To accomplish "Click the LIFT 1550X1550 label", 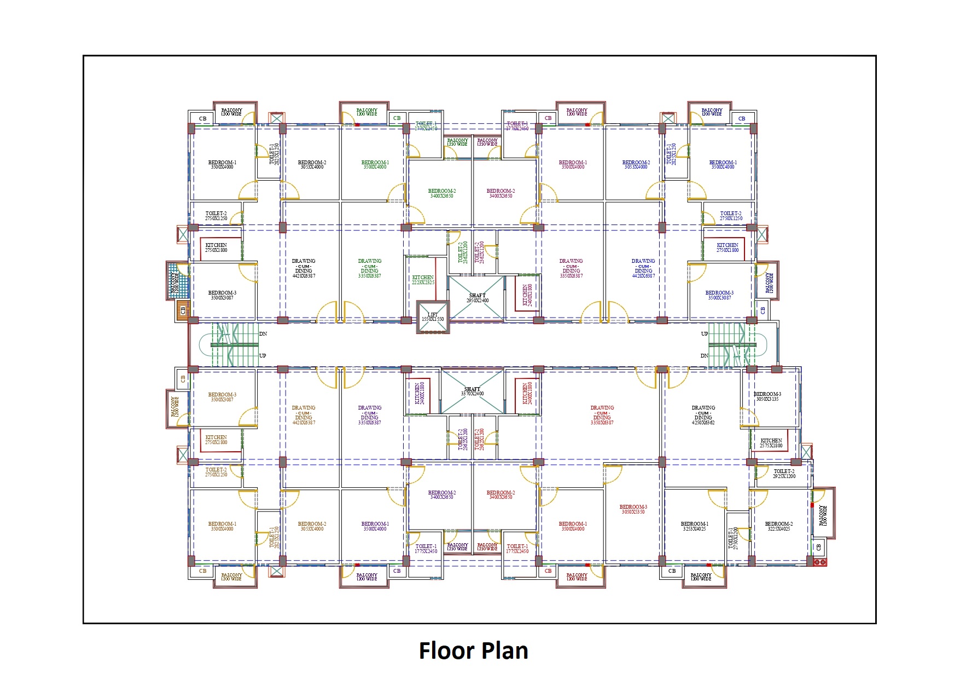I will tap(433, 317).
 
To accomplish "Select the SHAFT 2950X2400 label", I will tap(478, 298).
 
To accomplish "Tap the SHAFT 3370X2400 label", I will tap(472, 392).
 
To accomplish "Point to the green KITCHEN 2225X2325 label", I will tap(423, 280).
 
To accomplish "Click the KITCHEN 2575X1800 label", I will tap(771, 443).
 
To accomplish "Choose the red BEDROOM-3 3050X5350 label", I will tap(633, 509).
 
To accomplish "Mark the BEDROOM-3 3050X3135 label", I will tap(767, 396).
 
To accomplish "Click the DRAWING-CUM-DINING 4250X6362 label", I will tap(703, 415).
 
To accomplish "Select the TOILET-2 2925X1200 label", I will tap(784, 474).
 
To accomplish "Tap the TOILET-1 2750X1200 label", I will tap(733, 538).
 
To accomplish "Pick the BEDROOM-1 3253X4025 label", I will tap(694, 526).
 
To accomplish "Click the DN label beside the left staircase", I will tap(263, 333).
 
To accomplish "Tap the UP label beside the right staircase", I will tap(705, 333).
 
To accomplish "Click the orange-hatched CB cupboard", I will tap(183, 310).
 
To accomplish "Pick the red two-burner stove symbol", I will tap(819, 562).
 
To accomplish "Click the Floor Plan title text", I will tap(473, 651).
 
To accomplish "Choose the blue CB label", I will tap(742, 118).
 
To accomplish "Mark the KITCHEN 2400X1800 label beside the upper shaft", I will tap(526, 295).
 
